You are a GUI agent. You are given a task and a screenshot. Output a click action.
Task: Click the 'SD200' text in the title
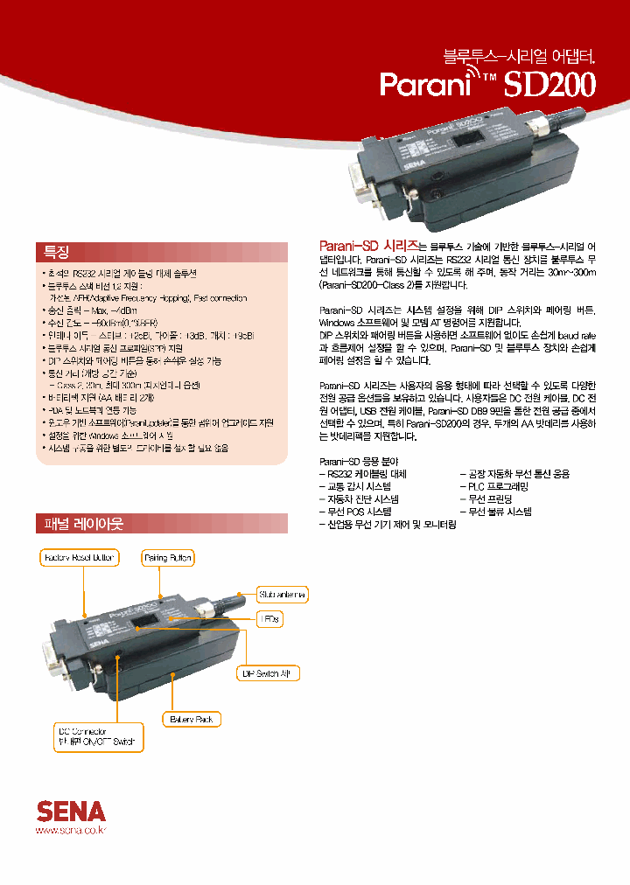click(x=550, y=86)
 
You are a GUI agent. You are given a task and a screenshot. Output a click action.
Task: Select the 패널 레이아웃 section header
click(x=84, y=524)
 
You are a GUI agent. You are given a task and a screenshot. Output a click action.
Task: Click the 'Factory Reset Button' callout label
click(x=80, y=557)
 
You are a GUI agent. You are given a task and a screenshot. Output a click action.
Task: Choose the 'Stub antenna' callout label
click(x=282, y=595)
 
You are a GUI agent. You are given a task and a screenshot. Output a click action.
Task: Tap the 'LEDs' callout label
click(x=269, y=618)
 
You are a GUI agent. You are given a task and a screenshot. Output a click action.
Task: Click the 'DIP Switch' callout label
click(x=270, y=672)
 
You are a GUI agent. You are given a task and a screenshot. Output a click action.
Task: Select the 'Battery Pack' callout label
click(x=191, y=719)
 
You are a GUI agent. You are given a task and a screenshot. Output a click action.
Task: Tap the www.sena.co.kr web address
click(x=70, y=828)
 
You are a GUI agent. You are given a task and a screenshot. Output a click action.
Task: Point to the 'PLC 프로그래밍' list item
click(x=498, y=485)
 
